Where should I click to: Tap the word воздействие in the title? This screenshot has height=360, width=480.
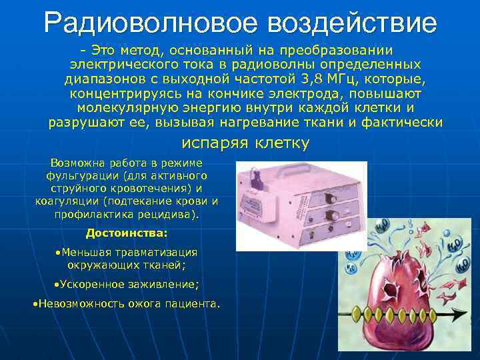352,23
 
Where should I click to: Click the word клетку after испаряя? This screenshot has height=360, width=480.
282,143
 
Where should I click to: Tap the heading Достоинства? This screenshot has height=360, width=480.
127,233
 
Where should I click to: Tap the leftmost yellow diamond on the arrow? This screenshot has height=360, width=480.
363,311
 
